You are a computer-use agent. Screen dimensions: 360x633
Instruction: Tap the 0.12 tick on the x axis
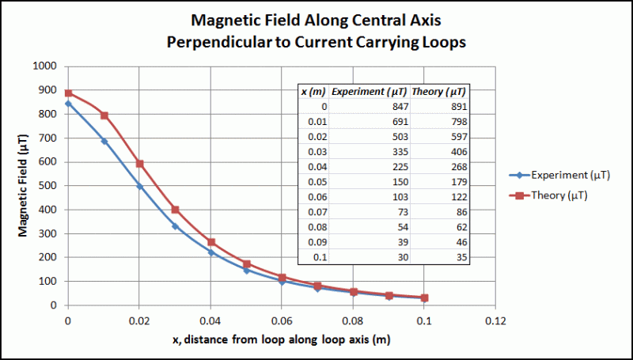click(x=495, y=321)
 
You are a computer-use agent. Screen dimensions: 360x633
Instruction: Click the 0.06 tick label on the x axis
click(x=282, y=321)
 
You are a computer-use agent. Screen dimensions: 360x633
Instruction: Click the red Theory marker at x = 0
click(x=69, y=93)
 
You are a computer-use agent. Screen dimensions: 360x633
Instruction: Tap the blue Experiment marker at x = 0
click(x=69, y=103)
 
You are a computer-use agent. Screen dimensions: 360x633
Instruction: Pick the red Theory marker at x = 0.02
click(x=139, y=163)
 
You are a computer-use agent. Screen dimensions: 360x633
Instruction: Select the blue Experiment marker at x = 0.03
click(x=175, y=226)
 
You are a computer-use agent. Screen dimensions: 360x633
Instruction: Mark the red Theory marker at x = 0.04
click(x=210, y=242)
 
